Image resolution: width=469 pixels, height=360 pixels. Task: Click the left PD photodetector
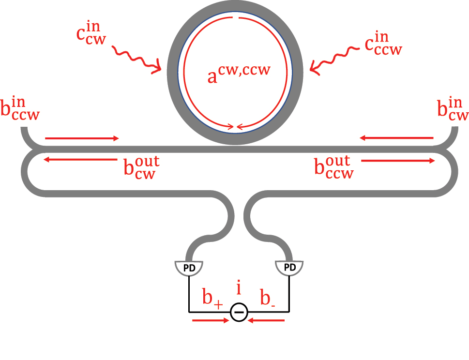189,268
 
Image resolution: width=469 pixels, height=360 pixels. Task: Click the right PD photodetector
289,268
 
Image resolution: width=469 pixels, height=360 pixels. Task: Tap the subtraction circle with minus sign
239,313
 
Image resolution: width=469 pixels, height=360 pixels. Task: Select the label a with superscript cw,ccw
239,73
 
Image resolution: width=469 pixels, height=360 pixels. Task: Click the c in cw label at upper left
91,33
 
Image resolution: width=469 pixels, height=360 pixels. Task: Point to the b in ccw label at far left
20,109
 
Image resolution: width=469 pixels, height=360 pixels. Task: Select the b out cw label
141,168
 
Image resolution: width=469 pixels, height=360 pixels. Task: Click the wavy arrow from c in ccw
334,60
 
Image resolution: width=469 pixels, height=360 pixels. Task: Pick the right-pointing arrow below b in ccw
82,138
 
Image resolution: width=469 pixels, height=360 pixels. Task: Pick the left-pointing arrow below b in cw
396,138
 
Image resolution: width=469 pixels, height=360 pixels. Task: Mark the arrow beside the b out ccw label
398,161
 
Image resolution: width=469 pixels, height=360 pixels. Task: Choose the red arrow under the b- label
266,320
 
